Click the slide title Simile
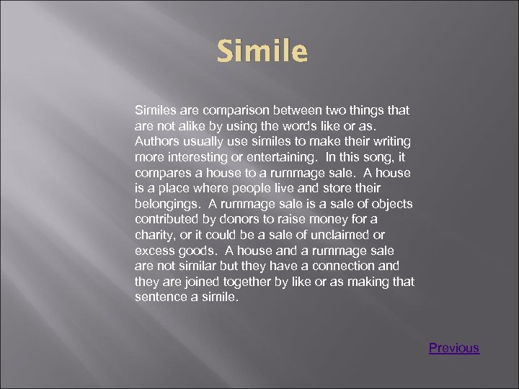262,52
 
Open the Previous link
453,348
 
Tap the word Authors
157,141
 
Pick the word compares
162,173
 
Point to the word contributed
167,220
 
